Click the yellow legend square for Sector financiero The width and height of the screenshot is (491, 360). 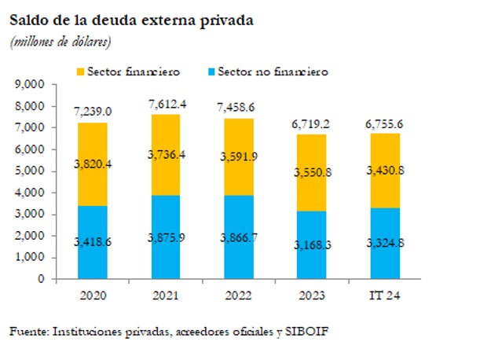click(80, 72)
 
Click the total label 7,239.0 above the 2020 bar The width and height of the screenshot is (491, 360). click(93, 112)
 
